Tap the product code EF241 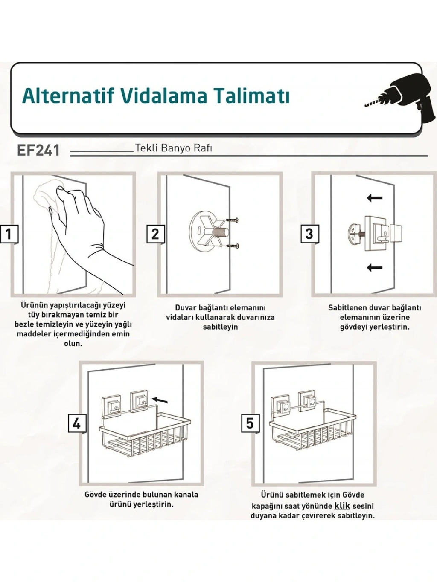tap(38, 151)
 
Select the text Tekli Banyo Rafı tap(174, 148)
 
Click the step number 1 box tap(9, 234)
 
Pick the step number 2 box tap(155, 234)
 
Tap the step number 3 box tap(310, 234)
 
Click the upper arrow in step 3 tap(375, 197)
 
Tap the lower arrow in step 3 tap(375, 267)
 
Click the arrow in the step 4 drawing tap(160, 400)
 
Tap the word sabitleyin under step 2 tap(220, 327)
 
